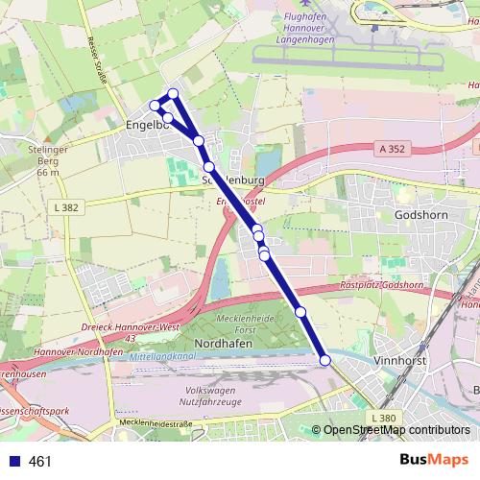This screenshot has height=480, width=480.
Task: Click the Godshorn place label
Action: [420, 214]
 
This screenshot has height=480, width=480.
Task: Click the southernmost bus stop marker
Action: [324, 360]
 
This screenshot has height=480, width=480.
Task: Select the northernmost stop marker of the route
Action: [174, 93]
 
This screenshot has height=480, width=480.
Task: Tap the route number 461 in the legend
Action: [40, 461]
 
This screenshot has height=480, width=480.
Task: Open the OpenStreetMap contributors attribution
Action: [396, 430]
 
